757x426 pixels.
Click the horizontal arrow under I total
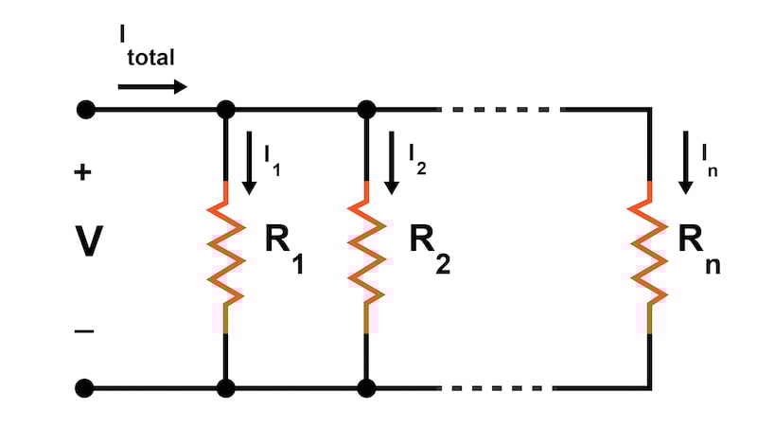[x=152, y=87]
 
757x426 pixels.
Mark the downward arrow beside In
[x=683, y=163]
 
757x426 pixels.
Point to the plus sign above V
[x=83, y=172]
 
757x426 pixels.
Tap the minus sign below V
[x=84, y=331]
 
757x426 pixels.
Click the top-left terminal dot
[x=85, y=110]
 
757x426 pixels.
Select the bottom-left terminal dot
[x=85, y=388]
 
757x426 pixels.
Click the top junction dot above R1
[x=225, y=110]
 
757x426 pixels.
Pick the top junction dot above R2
[x=365, y=110]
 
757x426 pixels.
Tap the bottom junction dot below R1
[x=225, y=388]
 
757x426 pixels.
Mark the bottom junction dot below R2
[x=365, y=388]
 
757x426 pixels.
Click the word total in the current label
[x=149, y=58]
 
